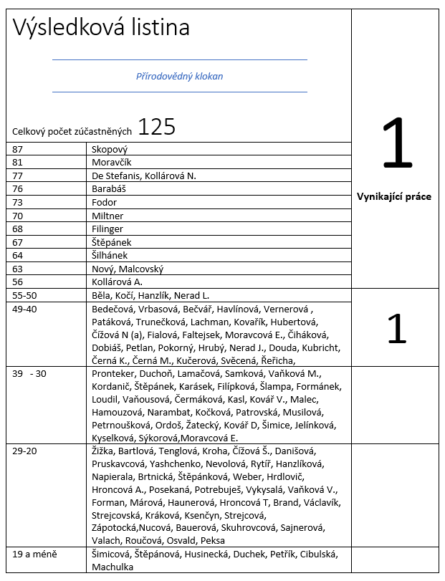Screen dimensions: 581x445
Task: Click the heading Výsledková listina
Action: (x=101, y=28)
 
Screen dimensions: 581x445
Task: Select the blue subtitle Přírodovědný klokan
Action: (x=180, y=76)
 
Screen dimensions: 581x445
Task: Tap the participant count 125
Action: (x=156, y=127)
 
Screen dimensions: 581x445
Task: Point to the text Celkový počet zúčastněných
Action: (x=72, y=131)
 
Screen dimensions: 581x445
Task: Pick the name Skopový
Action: (x=110, y=149)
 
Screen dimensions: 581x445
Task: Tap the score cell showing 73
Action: (x=18, y=203)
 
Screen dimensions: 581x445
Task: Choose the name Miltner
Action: (x=107, y=216)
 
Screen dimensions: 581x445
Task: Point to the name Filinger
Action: (x=108, y=229)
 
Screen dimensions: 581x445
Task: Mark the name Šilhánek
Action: (x=110, y=256)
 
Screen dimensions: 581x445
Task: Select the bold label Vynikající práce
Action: (x=394, y=196)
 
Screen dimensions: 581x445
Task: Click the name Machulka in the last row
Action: (x=113, y=567)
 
